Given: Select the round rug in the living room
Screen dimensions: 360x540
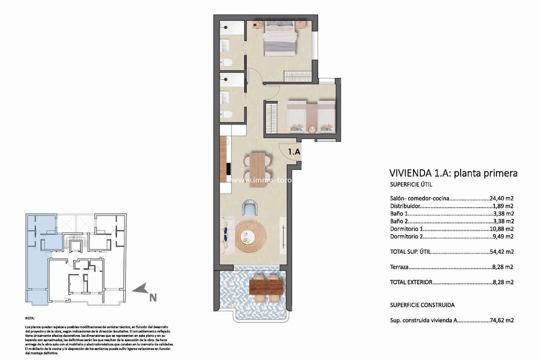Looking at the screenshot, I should (x=252, y=236).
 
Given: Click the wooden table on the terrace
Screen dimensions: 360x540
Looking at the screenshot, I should (x=266, y=286).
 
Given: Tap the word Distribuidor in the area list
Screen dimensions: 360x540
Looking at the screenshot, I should (x=404, y=205).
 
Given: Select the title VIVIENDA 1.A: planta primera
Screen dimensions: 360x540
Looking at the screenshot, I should (x=453, y=173).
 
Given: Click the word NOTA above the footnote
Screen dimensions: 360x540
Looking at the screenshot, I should (x=30, y=318).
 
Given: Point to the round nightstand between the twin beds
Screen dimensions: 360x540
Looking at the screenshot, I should (x=312, y=128).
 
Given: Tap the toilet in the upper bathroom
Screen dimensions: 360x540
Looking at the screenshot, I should (x=227, y=62).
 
